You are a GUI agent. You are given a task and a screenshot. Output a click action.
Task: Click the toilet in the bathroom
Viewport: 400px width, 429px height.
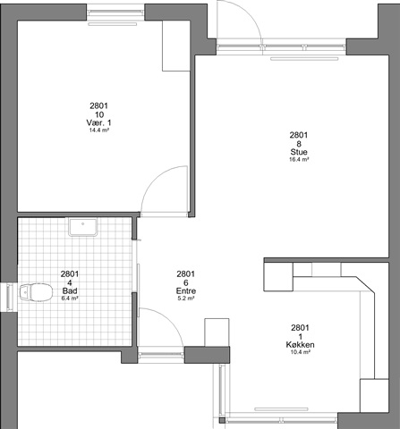click(x=36, y=292)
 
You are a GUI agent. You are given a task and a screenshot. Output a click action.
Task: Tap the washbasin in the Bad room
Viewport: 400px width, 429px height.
click(x=83, y=227)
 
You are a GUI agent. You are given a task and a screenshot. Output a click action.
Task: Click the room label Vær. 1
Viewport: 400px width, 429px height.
click(x=98, y=122)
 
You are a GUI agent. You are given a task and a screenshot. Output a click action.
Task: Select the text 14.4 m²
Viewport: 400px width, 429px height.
click(x=98, y=130)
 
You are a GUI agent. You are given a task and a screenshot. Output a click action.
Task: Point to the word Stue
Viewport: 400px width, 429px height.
click(x=299, y=152)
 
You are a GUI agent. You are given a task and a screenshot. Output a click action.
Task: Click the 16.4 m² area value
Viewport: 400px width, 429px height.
click(x=299, y=159)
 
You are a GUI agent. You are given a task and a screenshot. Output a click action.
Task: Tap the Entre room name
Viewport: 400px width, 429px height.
click(x=186, y=290)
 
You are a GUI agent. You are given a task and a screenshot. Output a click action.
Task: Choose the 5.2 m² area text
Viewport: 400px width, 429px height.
click(x=186, y=299)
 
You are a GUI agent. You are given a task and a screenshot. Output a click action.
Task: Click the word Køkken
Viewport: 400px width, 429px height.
click(x=300, y=345)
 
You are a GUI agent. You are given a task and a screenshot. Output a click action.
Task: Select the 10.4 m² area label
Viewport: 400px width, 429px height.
click(x=300, y=352)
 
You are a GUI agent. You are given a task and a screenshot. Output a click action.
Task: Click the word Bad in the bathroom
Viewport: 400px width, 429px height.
click(x=70, y=290)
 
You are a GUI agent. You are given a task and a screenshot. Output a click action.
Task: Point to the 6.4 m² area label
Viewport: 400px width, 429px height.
click(x=70, y=299)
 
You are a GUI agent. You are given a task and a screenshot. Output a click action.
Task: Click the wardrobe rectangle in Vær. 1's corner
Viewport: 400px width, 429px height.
click(x=176, y=46)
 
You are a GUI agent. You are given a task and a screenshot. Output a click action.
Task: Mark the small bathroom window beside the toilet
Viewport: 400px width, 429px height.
click(x=10, y=298)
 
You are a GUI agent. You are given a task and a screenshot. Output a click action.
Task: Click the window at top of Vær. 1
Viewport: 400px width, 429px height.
click(x=115, y=13)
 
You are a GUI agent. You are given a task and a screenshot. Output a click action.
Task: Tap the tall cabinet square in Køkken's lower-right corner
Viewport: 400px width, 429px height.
click(x=374, y=396)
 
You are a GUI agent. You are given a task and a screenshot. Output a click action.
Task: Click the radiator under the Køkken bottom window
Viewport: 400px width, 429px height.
click(x=281, y=409)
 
